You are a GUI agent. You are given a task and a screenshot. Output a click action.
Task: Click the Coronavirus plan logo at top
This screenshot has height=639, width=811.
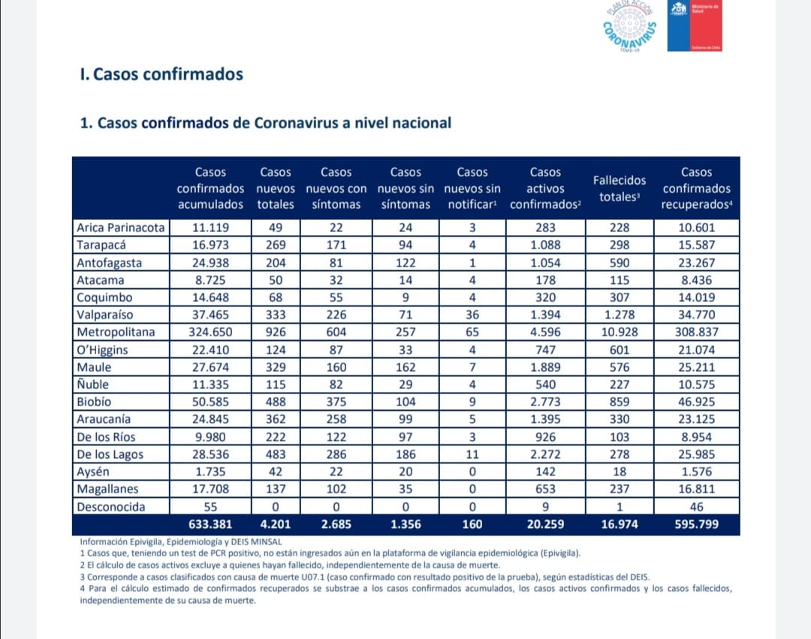[x=630, y=26]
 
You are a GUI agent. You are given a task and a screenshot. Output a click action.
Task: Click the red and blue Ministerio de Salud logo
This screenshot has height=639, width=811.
[x=695, y=26]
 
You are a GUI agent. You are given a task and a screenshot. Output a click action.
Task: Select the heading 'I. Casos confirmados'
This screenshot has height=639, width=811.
[x=161, y=74]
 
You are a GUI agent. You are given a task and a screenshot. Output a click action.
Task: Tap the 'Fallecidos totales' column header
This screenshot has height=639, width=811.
[x=619, y=188]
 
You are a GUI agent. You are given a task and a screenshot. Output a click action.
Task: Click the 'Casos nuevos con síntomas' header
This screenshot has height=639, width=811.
[x=336, y=188]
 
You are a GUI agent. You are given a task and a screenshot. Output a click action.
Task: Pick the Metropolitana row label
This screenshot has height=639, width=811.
[x=116, y=332]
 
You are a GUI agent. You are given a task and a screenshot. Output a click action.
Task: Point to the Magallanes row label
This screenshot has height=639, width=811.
[x=107, y=489]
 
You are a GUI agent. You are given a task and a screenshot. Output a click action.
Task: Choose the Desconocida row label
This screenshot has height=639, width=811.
[x=110, y=507]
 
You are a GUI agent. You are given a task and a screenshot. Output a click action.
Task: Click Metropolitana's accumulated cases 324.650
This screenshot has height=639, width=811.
[x=210, y=332]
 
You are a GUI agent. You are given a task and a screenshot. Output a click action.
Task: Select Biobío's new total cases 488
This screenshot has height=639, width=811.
[x=276, y=402]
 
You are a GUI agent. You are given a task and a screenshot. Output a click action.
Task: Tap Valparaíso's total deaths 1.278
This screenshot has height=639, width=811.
[x=619, y=315]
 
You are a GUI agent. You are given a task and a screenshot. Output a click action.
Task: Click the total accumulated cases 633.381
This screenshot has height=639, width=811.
[x=210, y=524]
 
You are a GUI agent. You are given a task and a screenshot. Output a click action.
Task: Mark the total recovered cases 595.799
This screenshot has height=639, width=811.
[x=696, y=524]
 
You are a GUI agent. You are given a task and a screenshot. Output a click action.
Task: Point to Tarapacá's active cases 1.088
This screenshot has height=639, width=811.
[x=545, y=245]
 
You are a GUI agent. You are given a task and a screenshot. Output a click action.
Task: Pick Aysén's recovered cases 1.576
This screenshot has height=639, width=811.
[x=696, y=472]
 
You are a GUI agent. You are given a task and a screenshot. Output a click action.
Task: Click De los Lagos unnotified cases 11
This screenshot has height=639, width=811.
[x=472, y=454]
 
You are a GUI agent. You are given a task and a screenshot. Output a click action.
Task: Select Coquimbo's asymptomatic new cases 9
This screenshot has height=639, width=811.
[x=405, y=297]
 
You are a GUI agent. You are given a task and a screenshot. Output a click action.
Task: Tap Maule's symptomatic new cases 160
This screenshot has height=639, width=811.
[x=336, y=367]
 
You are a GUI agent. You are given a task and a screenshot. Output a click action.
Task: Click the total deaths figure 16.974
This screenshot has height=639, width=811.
[x=619, y=524]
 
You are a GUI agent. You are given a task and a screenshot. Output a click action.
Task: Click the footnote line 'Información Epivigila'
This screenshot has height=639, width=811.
[x=181, y=542]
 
